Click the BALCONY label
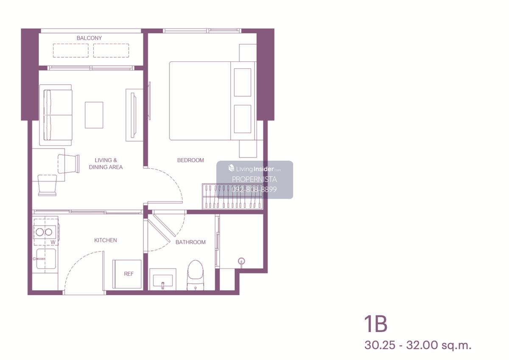pyautogui.click(x=89, y=38)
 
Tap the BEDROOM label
pyautogui.click(x=190, y=160)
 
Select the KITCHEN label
pyautogui.click(x=106, y=240)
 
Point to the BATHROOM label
pyautogui.click(x=190, y=242)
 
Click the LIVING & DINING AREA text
pyautogui.click(x=106, y=164)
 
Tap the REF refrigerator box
pyautogui.click(x=127, y=274)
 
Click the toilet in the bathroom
pyautogui.click(x=196, y=275)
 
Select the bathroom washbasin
pyautogui.click(x=163, y=279)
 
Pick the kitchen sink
pyautogui.click(x=46, y=259)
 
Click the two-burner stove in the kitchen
pyautogui.click(x=45, y=232)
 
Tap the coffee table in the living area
pyautogui.click(x=94, y=115)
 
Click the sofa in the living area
pyautogui.click(x=56, y=115)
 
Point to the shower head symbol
pyautogui.click(x=241, y=262)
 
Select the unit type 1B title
pyautogui.click(x=376, y=324)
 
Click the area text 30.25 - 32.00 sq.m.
pyautogui.click(x=418, y=345)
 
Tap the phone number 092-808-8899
pyautogui.click(x=254, y=190)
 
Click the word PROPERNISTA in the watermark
pyautogui.click(x=254, y=179)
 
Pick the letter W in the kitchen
pyautogui.click(x=53, y=243)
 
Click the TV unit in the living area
pyautogui.click(x=134, y=115)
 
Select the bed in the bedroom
pyautogui.click(x=213, y=101)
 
